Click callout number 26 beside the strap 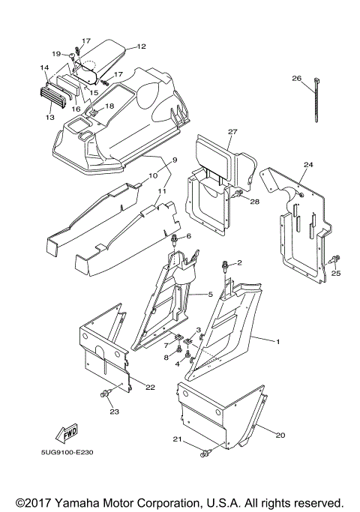click(296, 78)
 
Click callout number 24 click(308, 164)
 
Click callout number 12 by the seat click(141, 46)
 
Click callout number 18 click(109, 106)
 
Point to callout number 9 click(175, 160)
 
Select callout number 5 click(211, 295)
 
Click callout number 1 click(277, 342)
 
